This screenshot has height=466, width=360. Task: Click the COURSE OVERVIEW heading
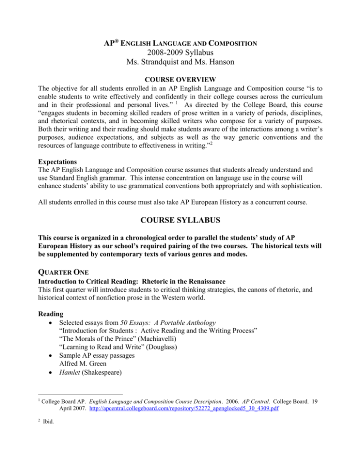pyautogui.click(x=180, y=81)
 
